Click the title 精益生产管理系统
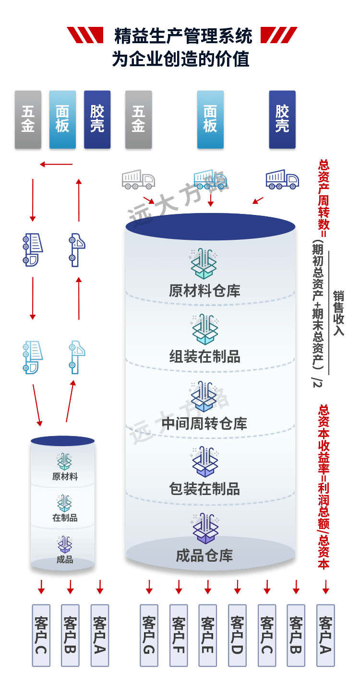coord(182,36)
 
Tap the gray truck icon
coord(138,180)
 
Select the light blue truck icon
coord(210,180)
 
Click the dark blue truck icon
coord(282,180)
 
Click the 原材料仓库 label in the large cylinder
coord(204,291)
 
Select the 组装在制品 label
coord(204,357)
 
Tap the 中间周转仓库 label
coord(204,424)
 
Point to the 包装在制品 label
coord(204,489)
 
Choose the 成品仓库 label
coord(204,555)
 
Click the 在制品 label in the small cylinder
coord(65,518)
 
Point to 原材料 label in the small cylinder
coord(65,477)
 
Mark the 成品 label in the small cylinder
coord(65,559)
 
